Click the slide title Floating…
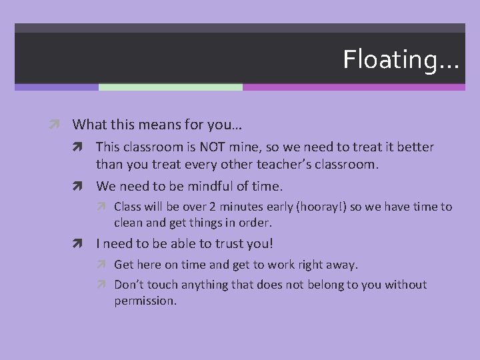click(x=401, y=60)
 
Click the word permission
click(x=145, y=301)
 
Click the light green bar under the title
click(x=170, y=87)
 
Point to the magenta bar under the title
click(x=353, y=87)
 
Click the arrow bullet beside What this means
click(x=59, y=124)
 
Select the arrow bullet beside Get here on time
click(x=105, y=265)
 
